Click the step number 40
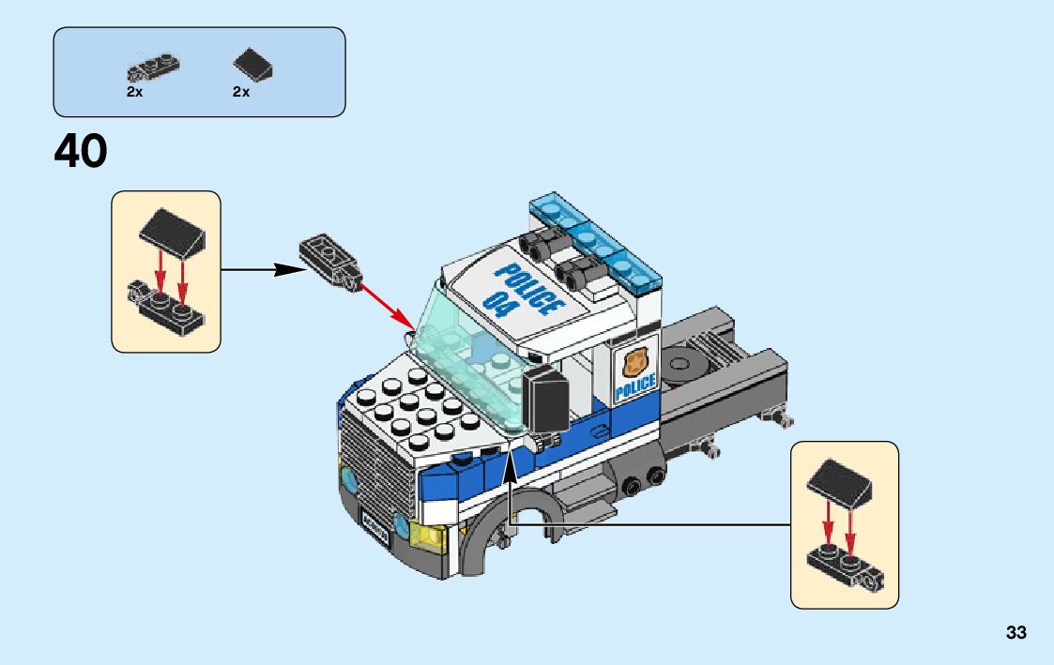click(x=81, y=151)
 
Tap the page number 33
click(x=1016, y=633)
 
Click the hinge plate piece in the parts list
click(x=152, y=68)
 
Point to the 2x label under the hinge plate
click(x=134, y=92)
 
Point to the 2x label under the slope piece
click(x=241, y=92)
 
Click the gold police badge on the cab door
click(x=635, y=361)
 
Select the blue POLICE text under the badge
click(x=635, y=385)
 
